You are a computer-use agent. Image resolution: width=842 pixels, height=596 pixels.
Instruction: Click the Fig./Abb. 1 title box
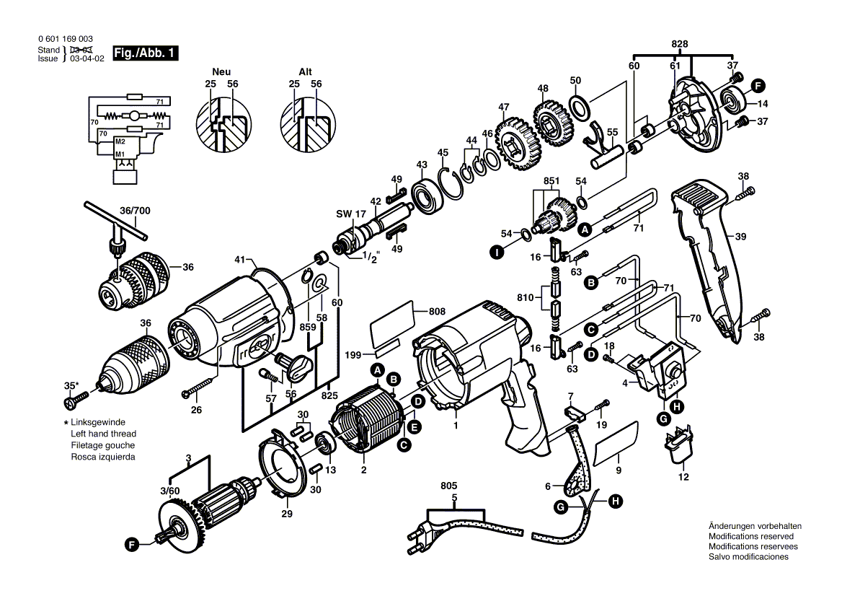(x=144, y=54)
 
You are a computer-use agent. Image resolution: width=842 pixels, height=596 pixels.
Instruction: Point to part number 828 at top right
(x=679, y=44)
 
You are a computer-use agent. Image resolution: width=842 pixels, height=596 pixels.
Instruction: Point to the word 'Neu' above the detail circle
(x=221, y=72)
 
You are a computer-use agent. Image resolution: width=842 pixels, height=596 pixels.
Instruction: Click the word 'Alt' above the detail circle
(x=306, y=72)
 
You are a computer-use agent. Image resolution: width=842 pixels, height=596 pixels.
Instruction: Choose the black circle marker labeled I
(x=495, y=253)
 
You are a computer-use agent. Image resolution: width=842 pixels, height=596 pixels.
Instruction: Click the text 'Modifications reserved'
(x=750, y=537)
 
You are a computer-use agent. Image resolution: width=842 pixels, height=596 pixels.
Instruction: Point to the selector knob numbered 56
(x=296, y=364)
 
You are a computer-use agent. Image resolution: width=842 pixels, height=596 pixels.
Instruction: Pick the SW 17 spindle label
(x=351, y=214)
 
